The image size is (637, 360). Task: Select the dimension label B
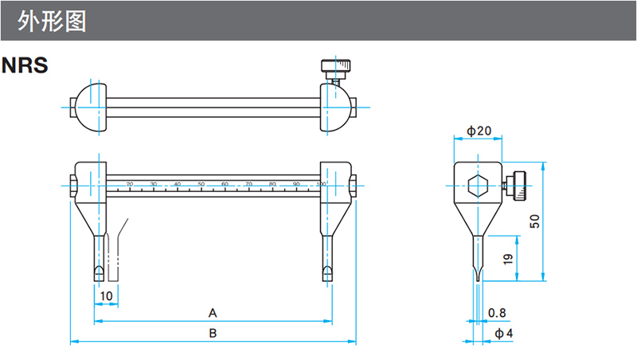tap(213, 333)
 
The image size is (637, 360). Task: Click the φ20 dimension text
tap(479, 131)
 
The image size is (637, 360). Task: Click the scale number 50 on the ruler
tap(201, 184)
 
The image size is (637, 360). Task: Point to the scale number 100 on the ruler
tap(320, 184)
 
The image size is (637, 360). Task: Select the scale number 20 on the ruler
tap(130, 184)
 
